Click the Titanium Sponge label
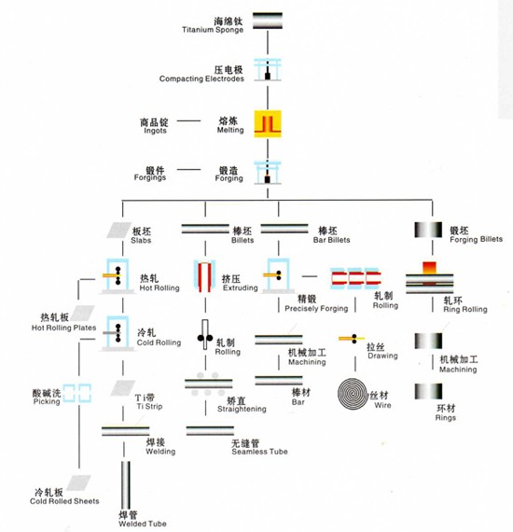click(x=213, y=30)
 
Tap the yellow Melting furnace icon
click(x=268, y=124)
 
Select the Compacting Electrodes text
click(x=201, y=78)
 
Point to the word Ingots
click(x=155, y=131)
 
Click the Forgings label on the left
click(x=150, y=177)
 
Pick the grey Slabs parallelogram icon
click(x=119, y=230)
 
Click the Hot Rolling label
click(x=159, y=287)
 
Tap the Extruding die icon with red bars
click(x=205, y=276)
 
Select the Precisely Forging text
click(x=316, y=308)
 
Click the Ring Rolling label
click(x=465, y=309)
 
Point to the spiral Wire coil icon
click(x=353, y=394)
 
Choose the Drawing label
click(x=382, y=356)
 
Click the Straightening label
click(x=242, y=409)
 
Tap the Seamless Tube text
click(x=259, y=452)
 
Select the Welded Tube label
click(x=143, y=524)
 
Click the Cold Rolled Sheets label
click(x=64, y=501)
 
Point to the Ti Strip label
click(x=149, y=406)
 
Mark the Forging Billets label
click(x=476, y=240)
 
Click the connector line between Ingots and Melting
click(x=188, y=120)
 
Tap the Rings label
click(x=446, y=417)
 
